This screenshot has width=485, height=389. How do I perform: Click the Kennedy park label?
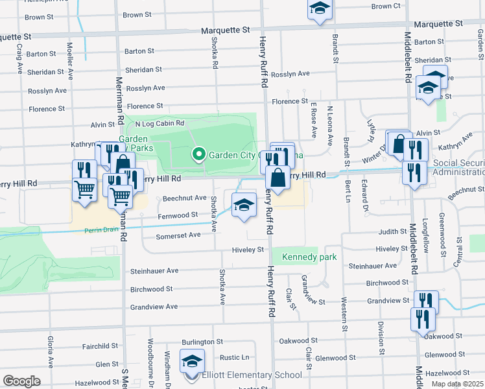pyautogui.click(x=309, y=257)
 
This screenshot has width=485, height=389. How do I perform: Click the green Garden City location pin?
pyautogui.click(x=199, y=154)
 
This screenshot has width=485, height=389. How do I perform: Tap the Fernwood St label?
pyautogui.click(x=179, y=215)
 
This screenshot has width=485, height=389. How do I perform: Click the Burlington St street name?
pyautogui.click(x=202, y=341)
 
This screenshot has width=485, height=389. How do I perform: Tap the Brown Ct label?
pyautogui.click(x=386, y=6)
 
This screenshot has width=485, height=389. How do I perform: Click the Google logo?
pyautogui.click(x=21, y=381)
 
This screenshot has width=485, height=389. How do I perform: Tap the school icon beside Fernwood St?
pyautogui.click(x=244, y=206)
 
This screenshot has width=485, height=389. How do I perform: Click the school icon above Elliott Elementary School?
pyautogui.click(x=192, y=362)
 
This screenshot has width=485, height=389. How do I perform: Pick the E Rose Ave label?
pyautogui.click(x=313, y=121)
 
